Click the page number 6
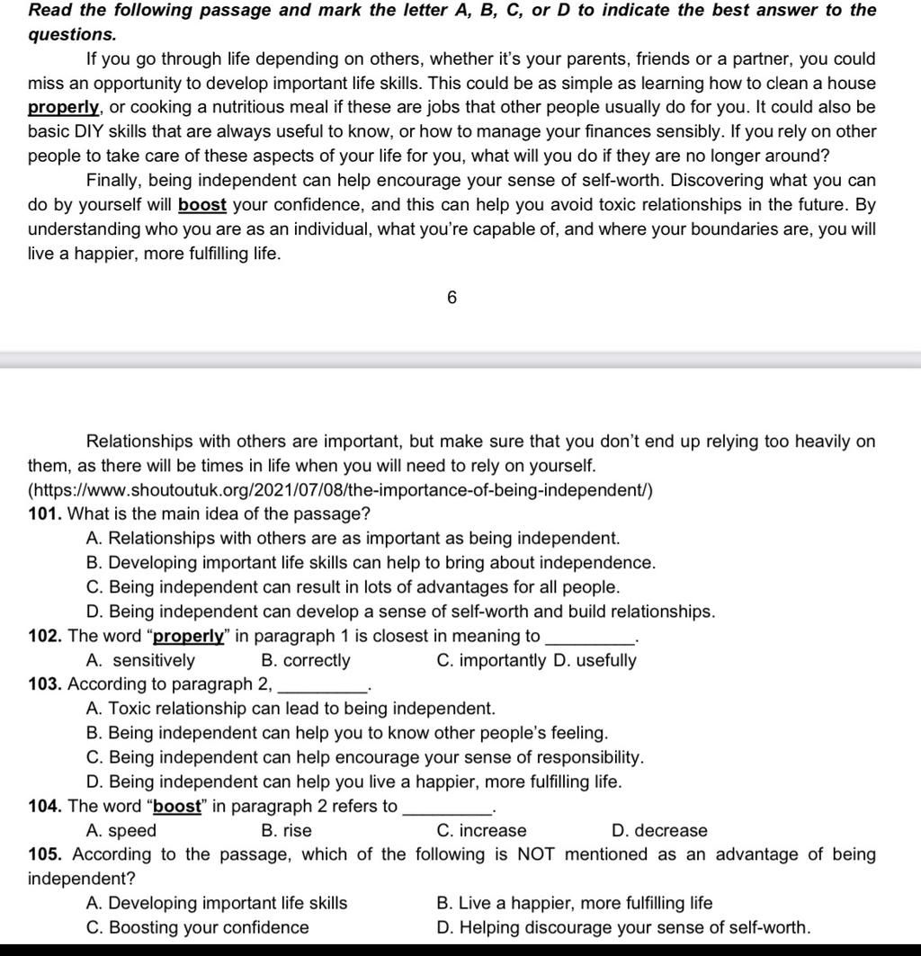pos(452,298)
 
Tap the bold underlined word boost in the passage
pos(202,205)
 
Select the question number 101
pos(44,514)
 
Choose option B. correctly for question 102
pos(305,661)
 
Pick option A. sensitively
pos(140,661)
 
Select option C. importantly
pos(491,661)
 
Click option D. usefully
pos(595,661)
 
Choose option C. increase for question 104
pos(481,831)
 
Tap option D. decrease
pos(659,831)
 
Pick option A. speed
pos(121,831)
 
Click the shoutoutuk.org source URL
pos(341,490)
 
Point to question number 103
pos(44,684)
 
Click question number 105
pos(45,854)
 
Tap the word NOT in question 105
pos(538,854)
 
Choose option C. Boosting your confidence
pos(197,927)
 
